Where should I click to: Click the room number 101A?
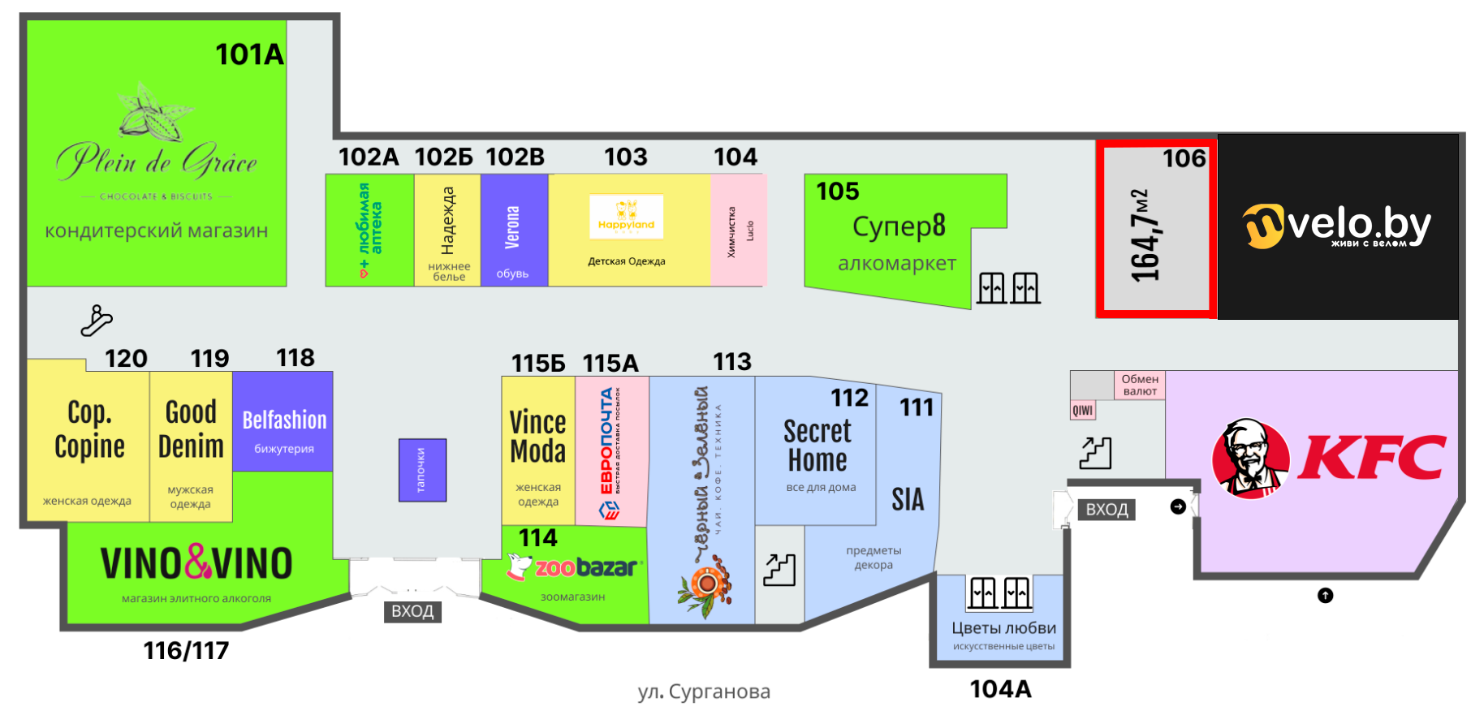click(249, 54)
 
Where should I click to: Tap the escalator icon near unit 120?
click(96, 320)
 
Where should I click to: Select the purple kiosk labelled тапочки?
click(422, 470)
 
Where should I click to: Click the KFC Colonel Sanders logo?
click(1250, 458)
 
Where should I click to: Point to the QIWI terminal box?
click(1083, 410)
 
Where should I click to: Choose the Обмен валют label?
click(1140, 385)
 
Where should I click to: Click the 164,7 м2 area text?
click(1146, 235)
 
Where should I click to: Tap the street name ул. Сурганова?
click(704, 692)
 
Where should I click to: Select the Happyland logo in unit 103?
click(626, 217)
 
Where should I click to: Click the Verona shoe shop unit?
click(514, 230)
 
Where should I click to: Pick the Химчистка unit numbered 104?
click(738, 230)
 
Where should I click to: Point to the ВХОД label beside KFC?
click(1106, 510)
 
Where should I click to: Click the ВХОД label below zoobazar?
click(412, 611)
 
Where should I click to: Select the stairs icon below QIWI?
click(1095, 453)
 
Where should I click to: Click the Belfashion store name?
click(284, 420)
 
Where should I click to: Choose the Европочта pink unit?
click(611, 450)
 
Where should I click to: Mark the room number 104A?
click(1000, 689)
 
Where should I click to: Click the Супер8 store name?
click(899, 226)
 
